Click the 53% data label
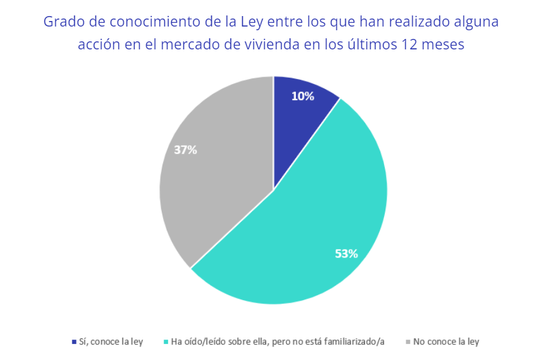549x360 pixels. (346, 253)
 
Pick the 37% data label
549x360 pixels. (185, 149)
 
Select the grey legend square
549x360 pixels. (407, 341)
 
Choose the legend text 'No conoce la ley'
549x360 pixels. (446, 341)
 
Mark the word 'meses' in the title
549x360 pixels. (444, 45)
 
